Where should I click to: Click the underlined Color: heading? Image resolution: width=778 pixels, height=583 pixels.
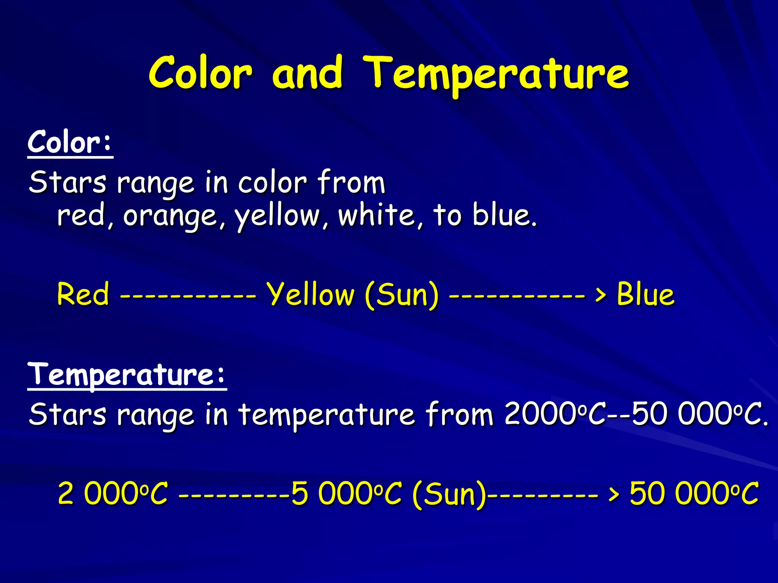pyautogui.click(x=70, y=142)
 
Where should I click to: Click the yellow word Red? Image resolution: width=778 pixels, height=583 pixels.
pyautogui.click(x=83, y=294)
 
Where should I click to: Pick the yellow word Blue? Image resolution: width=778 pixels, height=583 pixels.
pyautogui.click(x=645, y=294)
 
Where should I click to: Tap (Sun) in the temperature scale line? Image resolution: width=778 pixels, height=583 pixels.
pyautogui.click(x=449, y=494)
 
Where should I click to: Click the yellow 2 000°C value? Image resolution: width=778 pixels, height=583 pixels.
pyautogui.click(x=112, y=493)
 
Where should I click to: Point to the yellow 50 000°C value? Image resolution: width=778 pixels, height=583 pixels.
pyautogui.click(x=694, y=493)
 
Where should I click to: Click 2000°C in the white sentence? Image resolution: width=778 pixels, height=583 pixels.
pyautogui.click(x=555, y=414)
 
